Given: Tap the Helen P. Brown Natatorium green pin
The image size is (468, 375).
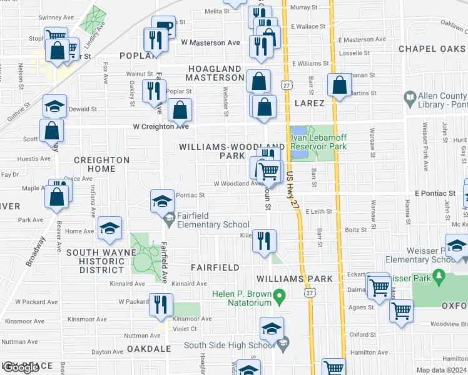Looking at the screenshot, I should [280, 294].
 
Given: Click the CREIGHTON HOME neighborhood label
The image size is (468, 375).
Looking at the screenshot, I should [101, 164].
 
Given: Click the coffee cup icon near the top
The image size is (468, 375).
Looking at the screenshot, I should [163, 26].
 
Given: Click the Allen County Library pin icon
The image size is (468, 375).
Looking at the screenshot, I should [410, 97].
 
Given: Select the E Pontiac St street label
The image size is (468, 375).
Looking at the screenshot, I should [434, 194].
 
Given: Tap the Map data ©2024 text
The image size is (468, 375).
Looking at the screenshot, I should [442, 371].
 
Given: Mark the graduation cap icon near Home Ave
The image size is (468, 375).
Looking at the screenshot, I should [109, 229].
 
